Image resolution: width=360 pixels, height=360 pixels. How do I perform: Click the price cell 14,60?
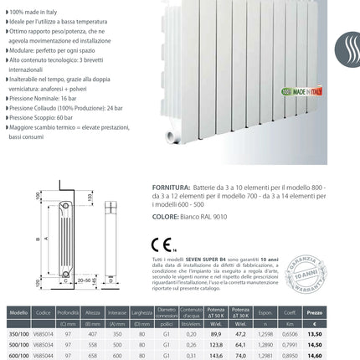click(339, 355)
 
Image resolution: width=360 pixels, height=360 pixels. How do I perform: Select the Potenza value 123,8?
click(240, 343)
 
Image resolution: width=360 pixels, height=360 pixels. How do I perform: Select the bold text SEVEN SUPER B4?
click(245, 261)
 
